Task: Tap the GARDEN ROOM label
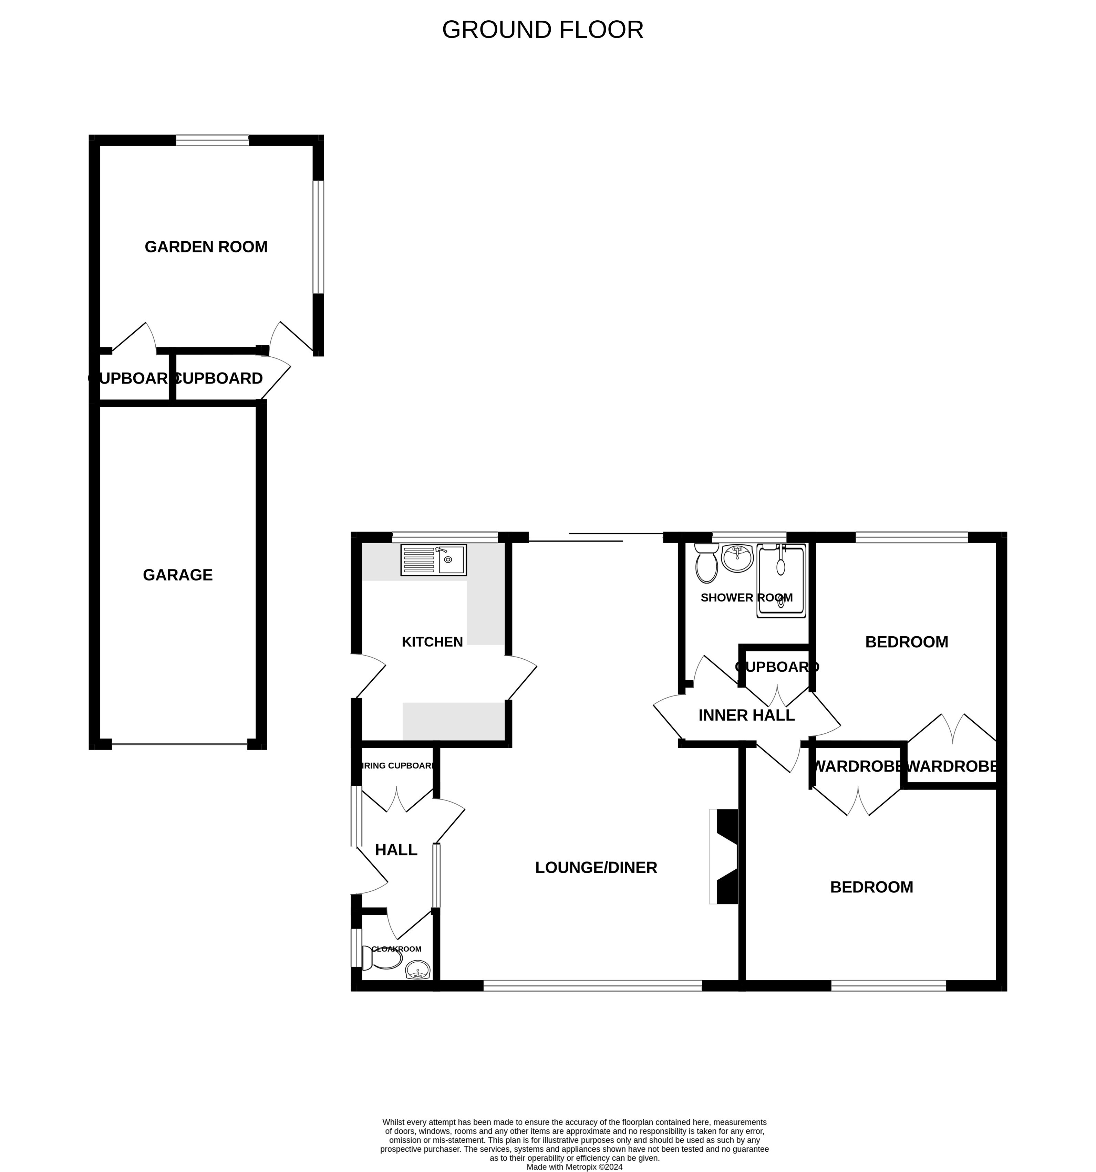[x=206, y=247]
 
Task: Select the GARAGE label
[x=177, y=575]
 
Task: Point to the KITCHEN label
[x=432, y=642]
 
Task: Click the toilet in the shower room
[x=706, y=564]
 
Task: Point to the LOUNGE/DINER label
[x=596, y=868]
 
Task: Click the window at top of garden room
[x=213, y=140]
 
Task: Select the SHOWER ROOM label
[x=746, y=598]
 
